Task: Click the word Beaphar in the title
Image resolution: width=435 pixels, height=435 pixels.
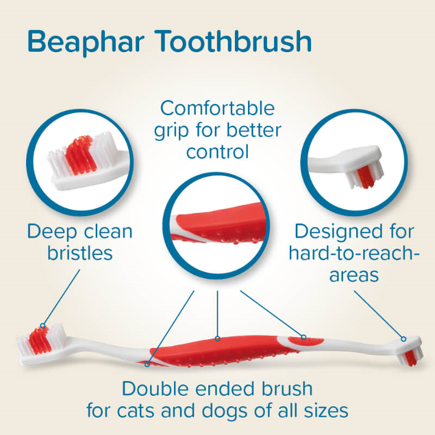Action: point(86,42)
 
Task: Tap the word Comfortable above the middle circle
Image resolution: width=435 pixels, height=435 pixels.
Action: point(217,108)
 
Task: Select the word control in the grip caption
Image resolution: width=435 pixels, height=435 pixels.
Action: point(217,152)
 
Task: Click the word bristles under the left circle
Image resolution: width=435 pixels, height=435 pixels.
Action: point(80,253)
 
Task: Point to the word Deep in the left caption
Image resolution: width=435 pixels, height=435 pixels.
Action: point(52,232)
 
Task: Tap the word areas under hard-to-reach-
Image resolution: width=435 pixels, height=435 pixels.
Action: point(354,275)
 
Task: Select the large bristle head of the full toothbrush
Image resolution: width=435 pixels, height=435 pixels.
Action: point(42,342)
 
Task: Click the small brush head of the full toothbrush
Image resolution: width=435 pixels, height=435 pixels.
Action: point(410,351)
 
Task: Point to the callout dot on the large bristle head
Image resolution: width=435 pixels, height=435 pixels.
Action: point(42,326)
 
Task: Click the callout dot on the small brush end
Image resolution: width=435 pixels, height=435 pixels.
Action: point(403,339)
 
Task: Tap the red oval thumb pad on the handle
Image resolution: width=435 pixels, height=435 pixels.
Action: point(306,341)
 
